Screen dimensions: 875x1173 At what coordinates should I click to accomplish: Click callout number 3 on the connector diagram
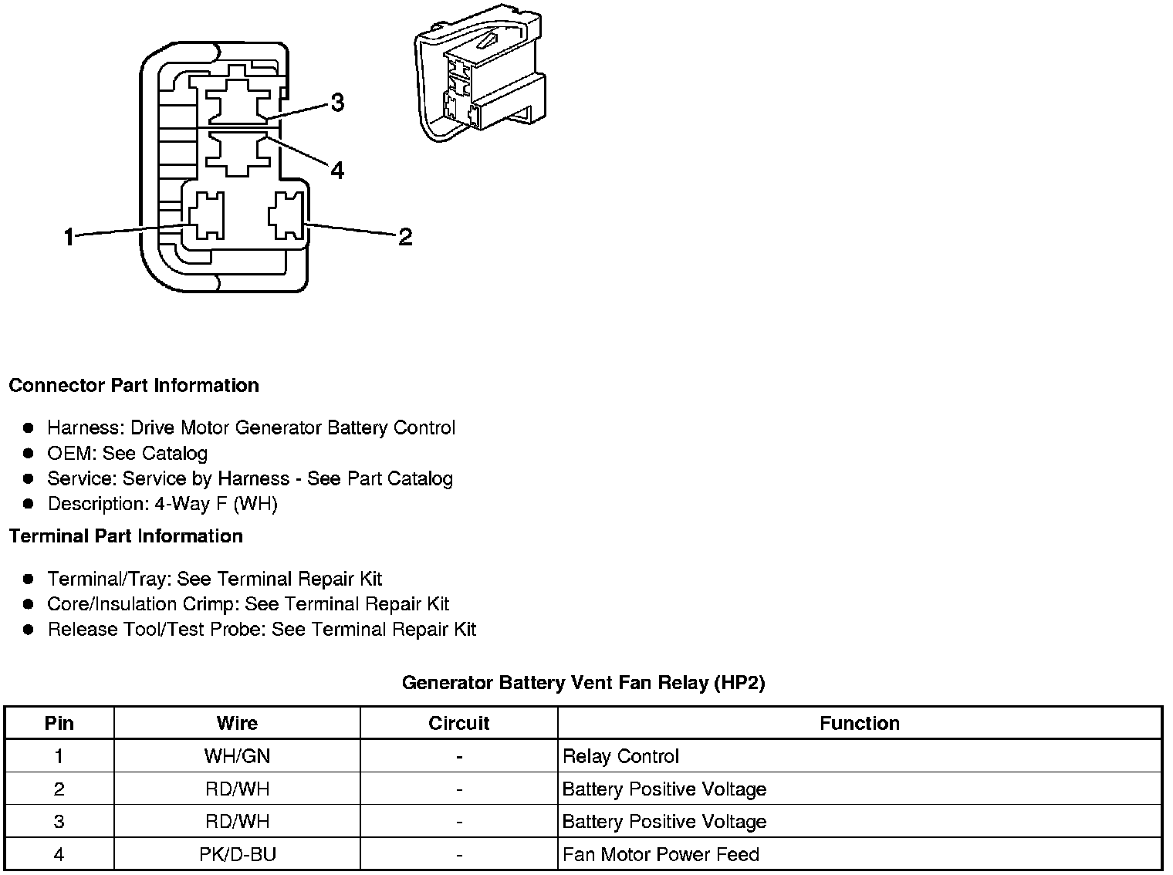click(337, 103)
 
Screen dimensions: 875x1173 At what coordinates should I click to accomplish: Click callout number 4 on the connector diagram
click(337, 170)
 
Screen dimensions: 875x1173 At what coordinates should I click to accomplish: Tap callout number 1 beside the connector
click(69, 237)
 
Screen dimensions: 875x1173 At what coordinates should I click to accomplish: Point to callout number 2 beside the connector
click(405, 237)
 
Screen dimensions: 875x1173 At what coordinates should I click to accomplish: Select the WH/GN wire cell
click(237, 756)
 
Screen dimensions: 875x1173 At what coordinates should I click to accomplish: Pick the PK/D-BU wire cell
click(237, 854)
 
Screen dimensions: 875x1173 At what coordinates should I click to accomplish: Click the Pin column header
click(59, 723)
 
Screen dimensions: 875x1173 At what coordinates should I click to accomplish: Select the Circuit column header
click(458, 723)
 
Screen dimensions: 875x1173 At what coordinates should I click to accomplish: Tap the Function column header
click(859, 723)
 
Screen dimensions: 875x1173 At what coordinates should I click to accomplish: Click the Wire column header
click(237, 723)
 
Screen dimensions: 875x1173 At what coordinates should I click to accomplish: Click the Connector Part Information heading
click(134, 385)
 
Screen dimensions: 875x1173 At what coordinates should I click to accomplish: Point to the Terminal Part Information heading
click(126, 535)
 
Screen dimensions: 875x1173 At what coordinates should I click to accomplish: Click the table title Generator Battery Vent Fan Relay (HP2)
click(583, 682)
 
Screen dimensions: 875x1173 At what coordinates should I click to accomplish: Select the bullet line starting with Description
click(162, 504)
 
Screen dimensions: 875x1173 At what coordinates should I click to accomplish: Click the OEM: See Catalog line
click(127, 453)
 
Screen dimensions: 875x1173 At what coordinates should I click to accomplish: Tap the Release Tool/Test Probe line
click(262, 630)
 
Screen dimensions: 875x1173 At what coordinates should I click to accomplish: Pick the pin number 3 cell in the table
click(59, 822)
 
